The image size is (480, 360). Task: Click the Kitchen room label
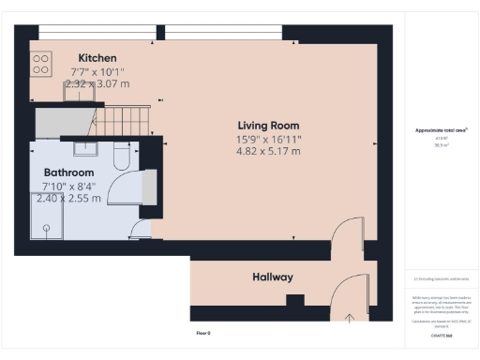[97, 57]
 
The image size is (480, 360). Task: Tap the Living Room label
[268, 125]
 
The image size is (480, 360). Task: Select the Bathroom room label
[69, 173]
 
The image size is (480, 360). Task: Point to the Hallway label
[272, 277]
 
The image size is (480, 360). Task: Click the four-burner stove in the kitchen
[42, 63]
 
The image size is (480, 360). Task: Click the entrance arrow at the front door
[349, 317]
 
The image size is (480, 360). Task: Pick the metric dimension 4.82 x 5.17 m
[268, 150]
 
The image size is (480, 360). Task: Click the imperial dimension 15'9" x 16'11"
[268, 138]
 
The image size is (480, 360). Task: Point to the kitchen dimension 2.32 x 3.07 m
[97, 82]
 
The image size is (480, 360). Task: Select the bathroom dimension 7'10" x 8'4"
[69, 186]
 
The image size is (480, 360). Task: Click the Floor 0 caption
[202, 333]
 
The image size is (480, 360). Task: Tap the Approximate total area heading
[441, 129]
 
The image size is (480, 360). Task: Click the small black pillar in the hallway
[294, 301]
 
